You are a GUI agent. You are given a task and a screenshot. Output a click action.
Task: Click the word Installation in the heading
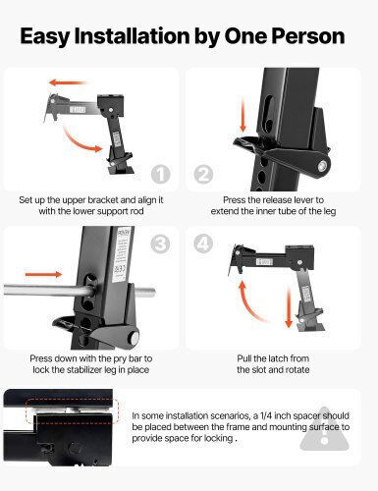tap(132, 36)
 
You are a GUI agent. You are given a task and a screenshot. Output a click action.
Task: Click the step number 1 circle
tap(161, 174)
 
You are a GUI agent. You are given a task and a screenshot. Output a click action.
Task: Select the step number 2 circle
tap(203, 174)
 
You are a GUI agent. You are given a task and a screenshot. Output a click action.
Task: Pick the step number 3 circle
tap(160, 244)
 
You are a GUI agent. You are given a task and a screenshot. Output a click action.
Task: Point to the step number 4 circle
tap(203, 244)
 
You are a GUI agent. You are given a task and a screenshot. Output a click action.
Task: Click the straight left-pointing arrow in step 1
tap(68, 82)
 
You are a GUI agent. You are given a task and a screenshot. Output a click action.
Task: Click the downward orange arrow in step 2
tap(243, 116)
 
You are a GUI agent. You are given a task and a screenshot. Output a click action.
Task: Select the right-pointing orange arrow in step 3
tap(43, 274)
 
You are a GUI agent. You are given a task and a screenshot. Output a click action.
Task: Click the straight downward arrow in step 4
tap(289, 307)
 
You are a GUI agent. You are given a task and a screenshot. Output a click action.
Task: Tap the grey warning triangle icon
tap(325, 429)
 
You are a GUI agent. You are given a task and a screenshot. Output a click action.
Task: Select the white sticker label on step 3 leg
tap(122, 254)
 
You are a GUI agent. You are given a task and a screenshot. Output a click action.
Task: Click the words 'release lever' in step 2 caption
tap(283, 200)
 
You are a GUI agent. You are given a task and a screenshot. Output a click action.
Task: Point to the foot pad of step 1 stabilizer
tap(121, 171)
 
